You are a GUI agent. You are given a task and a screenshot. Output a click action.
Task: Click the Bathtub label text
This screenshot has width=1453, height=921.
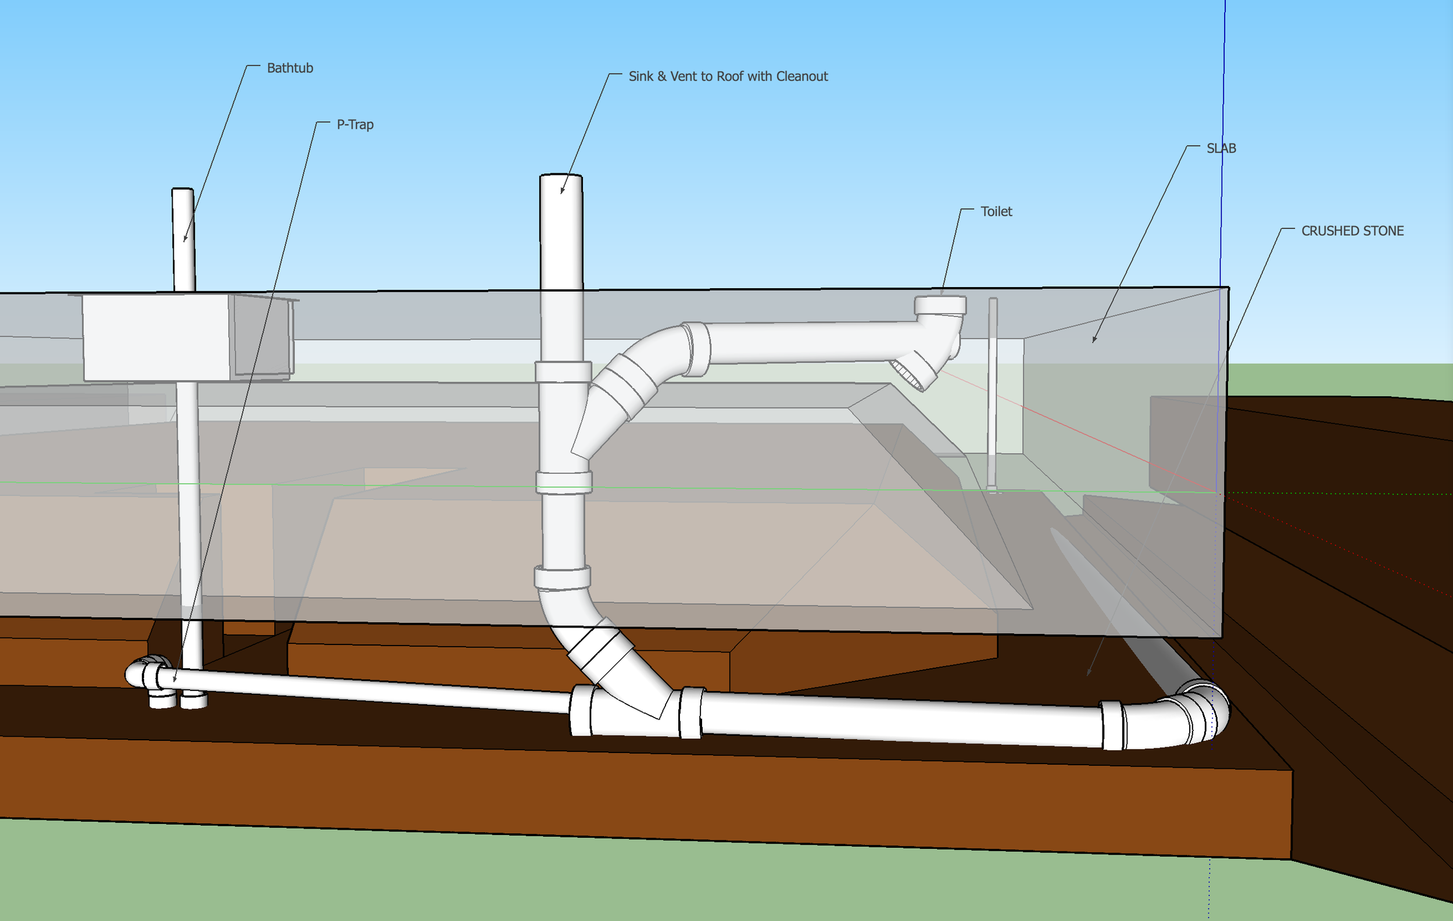pos(289,68)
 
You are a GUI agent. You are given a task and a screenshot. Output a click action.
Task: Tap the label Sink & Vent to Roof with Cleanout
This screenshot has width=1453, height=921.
pos(728,77)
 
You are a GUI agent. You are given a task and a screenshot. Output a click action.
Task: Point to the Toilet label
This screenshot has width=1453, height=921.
pos(996,212)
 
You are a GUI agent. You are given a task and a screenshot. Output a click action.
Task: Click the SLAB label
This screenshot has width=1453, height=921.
pos(1221,148)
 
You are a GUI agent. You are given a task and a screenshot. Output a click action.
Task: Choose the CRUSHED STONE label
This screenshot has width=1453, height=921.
pos(1352,231)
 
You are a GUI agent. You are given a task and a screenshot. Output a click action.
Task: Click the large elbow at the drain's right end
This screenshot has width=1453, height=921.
pos(1198,715)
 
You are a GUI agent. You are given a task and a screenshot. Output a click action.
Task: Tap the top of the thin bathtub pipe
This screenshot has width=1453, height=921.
pos(183,192)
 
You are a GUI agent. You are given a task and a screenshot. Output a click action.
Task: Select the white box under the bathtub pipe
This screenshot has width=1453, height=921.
pos(156,338)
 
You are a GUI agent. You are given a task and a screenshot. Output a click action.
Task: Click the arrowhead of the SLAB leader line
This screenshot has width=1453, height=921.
pos(1094,340)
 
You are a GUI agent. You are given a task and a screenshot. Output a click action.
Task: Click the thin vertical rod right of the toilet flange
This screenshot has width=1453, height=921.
pos(993,392)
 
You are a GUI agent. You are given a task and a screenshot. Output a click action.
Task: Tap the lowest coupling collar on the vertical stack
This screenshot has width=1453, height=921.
pos(562,577)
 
